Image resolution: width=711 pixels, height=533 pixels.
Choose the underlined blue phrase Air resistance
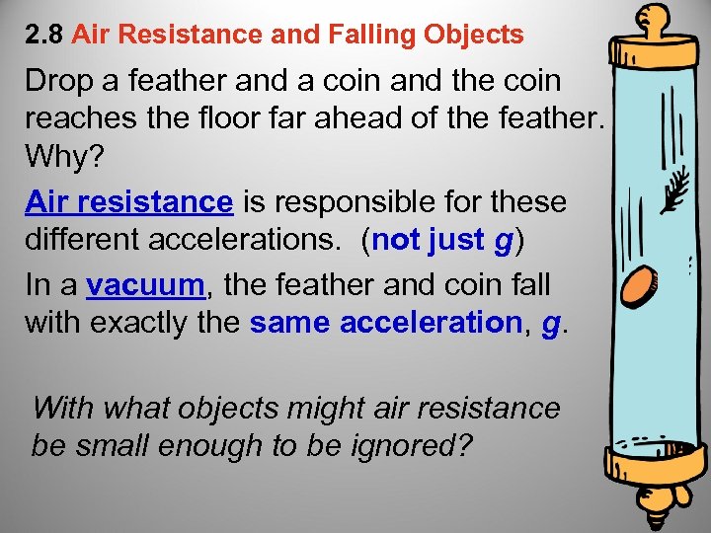128,201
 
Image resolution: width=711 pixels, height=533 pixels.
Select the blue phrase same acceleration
386,324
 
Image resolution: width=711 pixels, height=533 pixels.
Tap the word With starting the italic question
65,407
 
